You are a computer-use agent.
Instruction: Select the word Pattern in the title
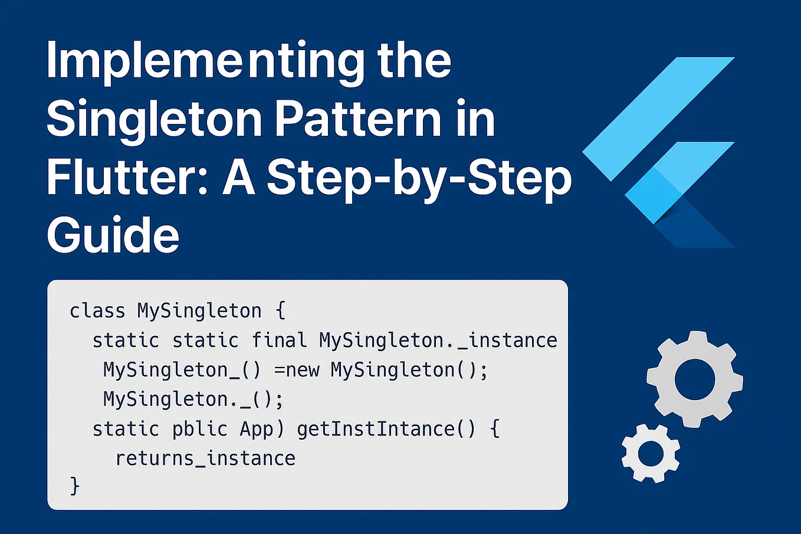click(357, 119)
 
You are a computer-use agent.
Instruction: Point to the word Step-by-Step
click(419, 178)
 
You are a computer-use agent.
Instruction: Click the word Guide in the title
click(113, 235)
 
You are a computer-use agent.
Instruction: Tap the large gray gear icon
click(694, 379)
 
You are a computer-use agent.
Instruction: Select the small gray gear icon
click(651, 453)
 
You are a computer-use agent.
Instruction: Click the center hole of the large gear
click(694, 379)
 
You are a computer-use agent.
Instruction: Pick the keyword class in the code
click(97, 310)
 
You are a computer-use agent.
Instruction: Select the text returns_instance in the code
click(205, 458)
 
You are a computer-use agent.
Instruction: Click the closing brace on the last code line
click(75, 486)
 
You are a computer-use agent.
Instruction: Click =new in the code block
click(297, 370)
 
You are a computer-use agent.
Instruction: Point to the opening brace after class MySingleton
click(281, 310)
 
